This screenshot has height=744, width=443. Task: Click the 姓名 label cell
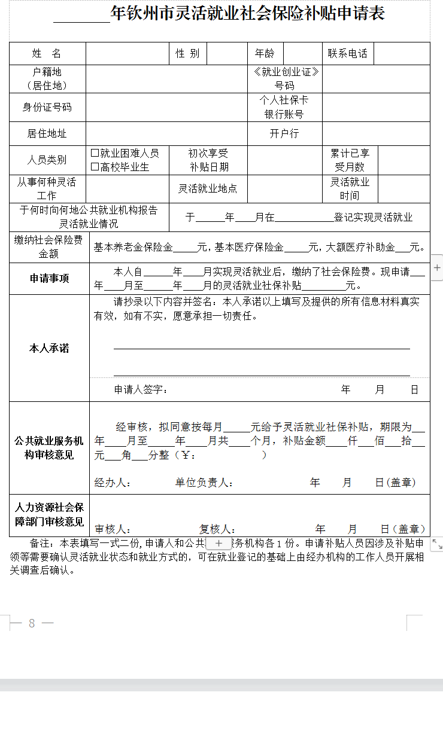pos(47,53)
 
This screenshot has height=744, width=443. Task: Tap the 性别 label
pos(187,53)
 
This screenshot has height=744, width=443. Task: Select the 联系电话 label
pos(347,53)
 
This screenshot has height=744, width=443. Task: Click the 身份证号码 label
pos(47,108)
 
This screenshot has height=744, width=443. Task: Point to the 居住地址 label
pos(47,133)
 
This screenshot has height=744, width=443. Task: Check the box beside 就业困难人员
pos(95,154)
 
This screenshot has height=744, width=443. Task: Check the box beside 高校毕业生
pos(95,167)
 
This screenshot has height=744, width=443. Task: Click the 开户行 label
pos(284,133)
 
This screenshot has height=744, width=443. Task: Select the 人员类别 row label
pos(47,160)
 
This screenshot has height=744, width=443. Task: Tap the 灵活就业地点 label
pos(208,188)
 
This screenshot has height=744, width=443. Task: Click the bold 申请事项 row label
pos(49,278)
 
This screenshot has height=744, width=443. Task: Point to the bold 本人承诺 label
pos(49,348)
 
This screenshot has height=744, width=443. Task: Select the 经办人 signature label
pos(112,483)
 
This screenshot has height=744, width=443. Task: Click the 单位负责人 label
pos(204,483)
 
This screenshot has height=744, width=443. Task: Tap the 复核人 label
pos(217,529)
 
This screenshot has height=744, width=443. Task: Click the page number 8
pos(32,623)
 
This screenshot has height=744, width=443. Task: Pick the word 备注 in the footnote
pos(41,544)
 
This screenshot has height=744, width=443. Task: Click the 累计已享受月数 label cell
pos(350,160)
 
